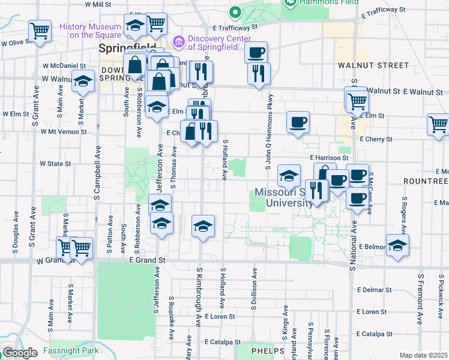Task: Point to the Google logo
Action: pyautogui.click(x=20, y=353)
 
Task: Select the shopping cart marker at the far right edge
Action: pyautogui.click(x=439, y=124)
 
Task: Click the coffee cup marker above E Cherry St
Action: pyautogui.click(x=298, y=122)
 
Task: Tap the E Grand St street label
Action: pyautogui.click(x=147, y=260)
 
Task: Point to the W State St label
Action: pyautogui.click(x=56, y=163)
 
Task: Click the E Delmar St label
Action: pyautogui.click(x=373, y=289)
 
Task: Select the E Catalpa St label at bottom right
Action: pyautogui.click(x=373, y=334)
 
